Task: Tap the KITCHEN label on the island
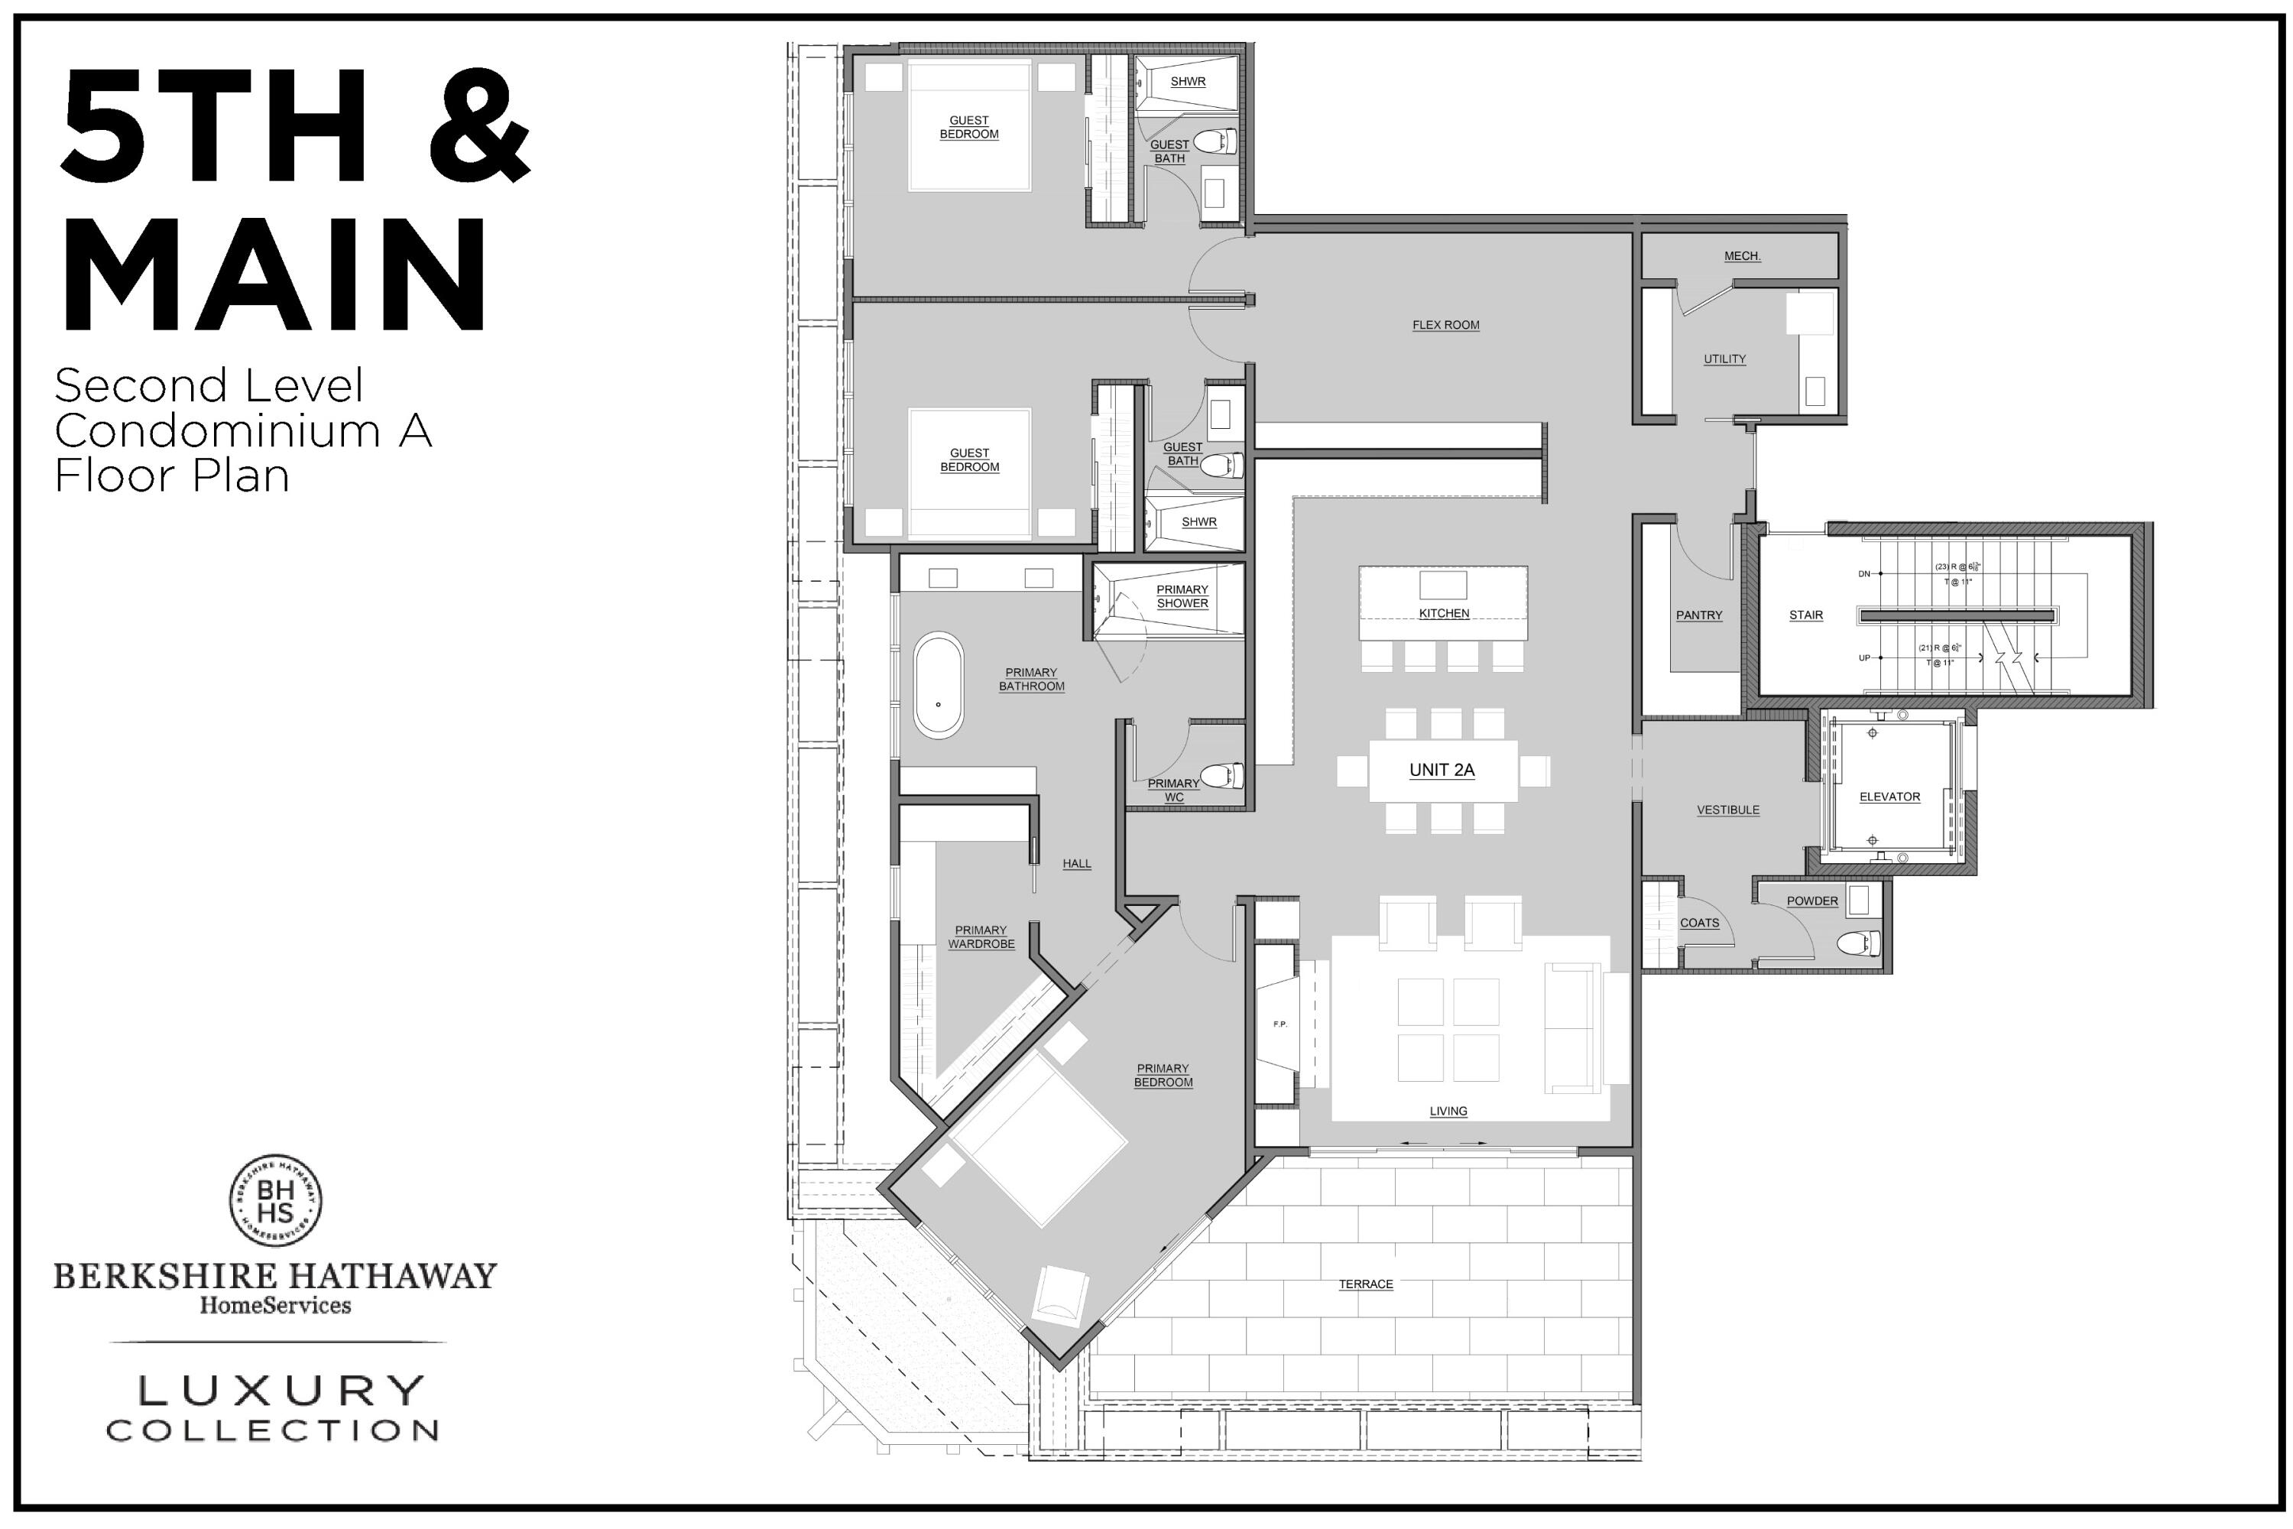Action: click(1443, 613)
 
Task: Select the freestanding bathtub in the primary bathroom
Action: click(938, 684)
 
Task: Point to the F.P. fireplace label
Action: click(1280, 1024)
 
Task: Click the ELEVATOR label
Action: click(1889, 797)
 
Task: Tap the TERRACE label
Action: click(1365, 1284)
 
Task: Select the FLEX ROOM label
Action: click(1445, 326)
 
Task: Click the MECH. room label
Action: click(1741, 256)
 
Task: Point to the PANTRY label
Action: click(1698, 615)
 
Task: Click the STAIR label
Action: click(1805, 615)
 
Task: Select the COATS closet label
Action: click(1699, 923)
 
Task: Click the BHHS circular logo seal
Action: click(276, 1200)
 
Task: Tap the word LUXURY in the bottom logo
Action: click(282, 1391)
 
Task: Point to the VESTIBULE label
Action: click(1727, 810)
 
